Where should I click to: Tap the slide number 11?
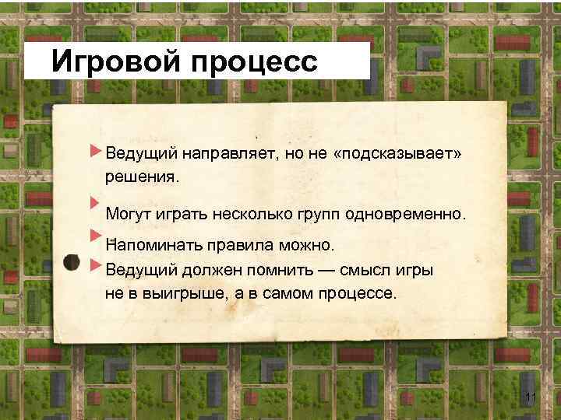point(532,399)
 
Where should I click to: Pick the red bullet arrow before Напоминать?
point(95,233)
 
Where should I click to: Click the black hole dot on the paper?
point(69,262)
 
